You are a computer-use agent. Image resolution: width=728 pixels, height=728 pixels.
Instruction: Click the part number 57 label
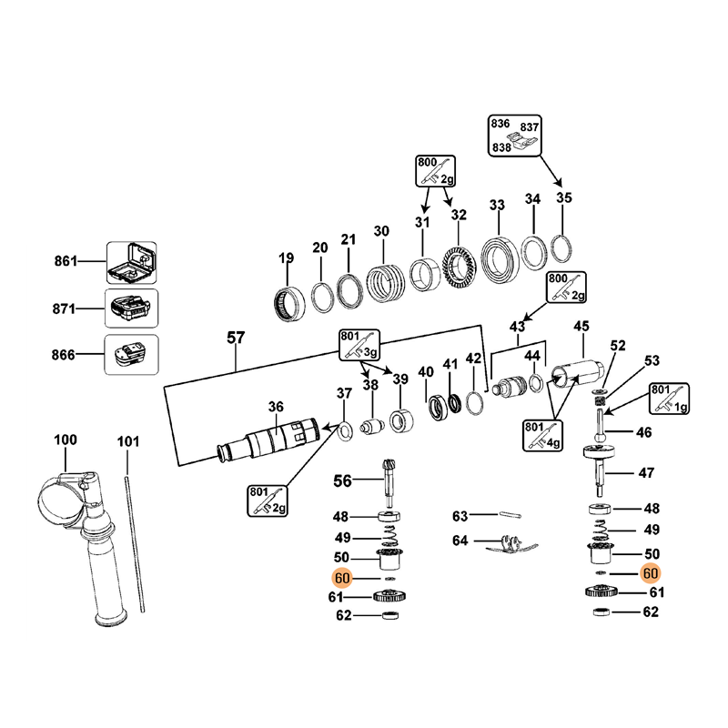(x=236, y=339)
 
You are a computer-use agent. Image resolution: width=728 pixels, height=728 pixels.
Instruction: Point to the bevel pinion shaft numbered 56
(x=390, y=480)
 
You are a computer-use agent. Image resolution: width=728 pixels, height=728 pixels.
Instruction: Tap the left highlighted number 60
(x=342, y=578)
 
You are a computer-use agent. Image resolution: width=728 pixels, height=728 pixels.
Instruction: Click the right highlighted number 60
(x=651, y=573)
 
